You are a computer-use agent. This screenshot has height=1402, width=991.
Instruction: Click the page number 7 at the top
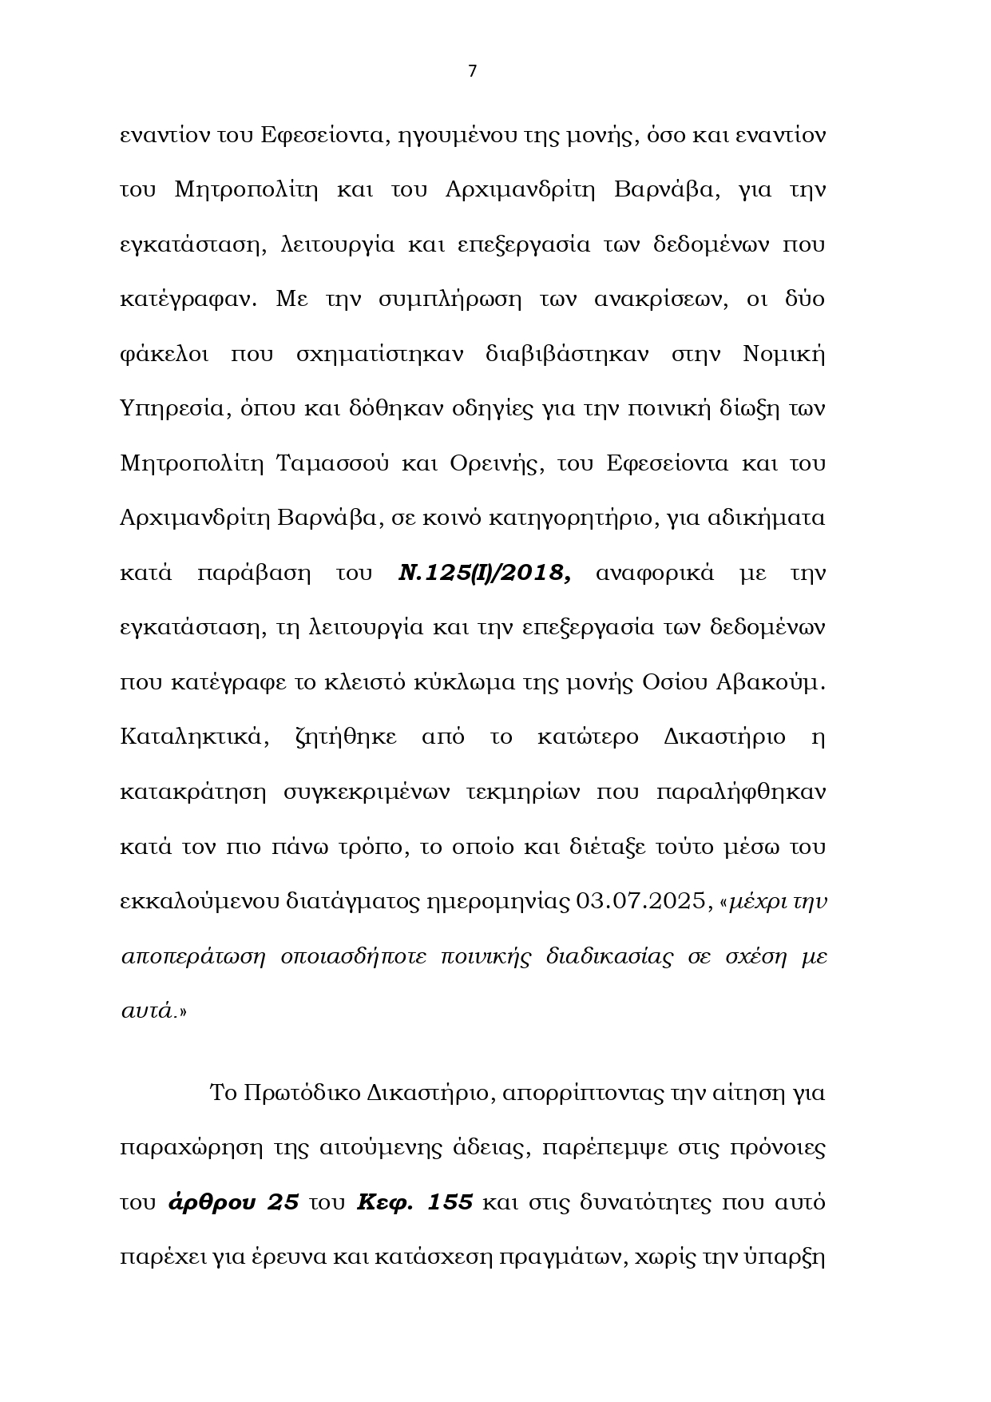coord(472,71)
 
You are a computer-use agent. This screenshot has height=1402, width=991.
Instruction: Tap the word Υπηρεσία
coord(169,409)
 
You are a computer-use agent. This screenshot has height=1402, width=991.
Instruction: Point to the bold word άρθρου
coord(233,1202)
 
